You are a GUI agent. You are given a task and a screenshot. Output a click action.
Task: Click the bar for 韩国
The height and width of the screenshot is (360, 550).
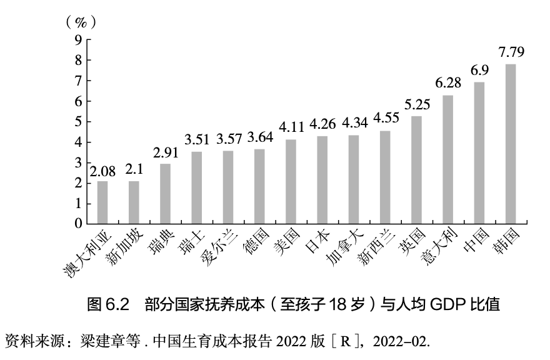point(511,144)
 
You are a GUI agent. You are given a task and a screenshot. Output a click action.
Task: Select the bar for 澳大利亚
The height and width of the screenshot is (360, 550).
point(102,202)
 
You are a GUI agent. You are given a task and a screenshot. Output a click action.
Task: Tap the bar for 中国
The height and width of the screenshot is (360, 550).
point(479,152)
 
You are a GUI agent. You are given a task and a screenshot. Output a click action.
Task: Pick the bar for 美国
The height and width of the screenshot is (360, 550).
point(291,181)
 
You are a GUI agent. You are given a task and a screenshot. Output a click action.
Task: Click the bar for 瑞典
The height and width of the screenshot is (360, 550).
point(165,193)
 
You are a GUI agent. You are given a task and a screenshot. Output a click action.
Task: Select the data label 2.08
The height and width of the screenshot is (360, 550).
point(102,170)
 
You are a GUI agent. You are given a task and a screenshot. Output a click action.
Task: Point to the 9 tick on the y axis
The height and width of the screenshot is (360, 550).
point(79,40)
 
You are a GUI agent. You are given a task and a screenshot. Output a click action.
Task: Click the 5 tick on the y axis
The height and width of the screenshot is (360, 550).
point(79,121)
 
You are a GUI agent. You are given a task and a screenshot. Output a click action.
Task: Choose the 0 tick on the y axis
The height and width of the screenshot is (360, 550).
point(79,223)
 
